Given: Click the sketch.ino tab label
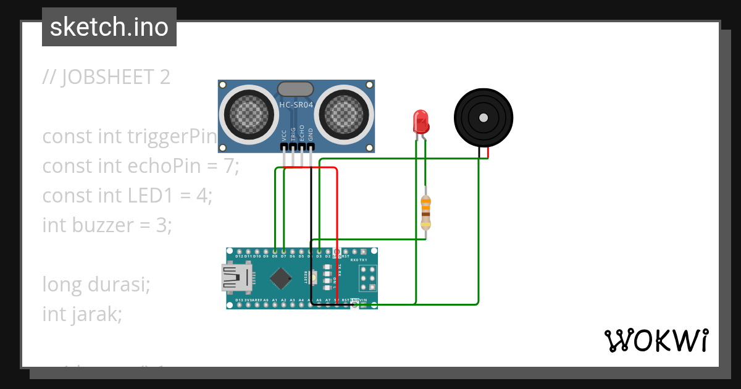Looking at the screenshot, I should (x=109, y=27).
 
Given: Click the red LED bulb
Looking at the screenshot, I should (x=421, y=120).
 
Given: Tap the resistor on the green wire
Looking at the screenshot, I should (x=425, y=212).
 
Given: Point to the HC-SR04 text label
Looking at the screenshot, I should (x=296, y=105).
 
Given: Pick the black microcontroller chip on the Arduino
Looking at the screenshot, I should (x=281, y=278).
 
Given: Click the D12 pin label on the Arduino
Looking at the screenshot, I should (x=239, y=256).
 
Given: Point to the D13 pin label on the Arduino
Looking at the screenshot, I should (x=239, y=300).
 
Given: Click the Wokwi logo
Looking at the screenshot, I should (x=655, y=340).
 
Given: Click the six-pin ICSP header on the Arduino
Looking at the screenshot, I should (x=369, y=278).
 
